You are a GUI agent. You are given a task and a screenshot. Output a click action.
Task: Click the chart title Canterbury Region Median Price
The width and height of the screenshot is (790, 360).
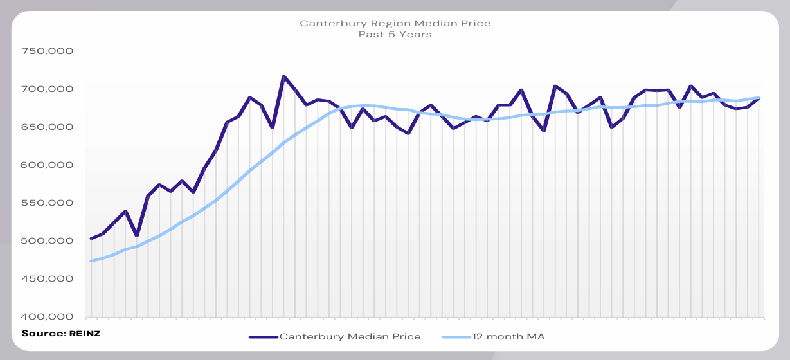(395, 24)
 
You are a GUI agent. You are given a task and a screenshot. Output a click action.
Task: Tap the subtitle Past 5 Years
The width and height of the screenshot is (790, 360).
(395, 35)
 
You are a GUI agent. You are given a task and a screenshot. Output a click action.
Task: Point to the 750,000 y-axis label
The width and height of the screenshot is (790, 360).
(47, 51)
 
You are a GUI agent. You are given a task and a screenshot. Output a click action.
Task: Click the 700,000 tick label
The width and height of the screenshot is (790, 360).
(47, 89)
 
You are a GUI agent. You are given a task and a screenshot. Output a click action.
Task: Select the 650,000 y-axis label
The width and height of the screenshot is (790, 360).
(47, 127)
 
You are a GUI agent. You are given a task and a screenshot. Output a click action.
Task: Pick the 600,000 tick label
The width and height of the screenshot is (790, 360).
(47, 165)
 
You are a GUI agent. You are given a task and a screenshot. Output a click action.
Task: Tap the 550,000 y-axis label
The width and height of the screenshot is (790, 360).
(47, 203)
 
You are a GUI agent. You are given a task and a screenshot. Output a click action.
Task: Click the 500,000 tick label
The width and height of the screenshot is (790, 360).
(47, 240)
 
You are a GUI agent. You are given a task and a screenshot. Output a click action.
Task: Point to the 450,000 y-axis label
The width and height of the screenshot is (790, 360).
(47, 278)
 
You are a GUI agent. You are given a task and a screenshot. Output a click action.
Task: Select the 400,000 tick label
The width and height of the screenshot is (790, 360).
(47, 316)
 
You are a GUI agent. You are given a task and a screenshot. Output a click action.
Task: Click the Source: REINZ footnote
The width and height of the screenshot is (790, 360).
(61, 333)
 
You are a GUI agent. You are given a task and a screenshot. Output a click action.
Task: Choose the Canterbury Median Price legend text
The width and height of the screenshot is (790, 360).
(350, 336)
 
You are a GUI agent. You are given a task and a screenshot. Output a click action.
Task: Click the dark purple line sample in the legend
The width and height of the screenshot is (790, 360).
(263, 336)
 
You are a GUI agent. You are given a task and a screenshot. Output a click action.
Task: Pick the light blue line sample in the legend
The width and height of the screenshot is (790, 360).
(456, 336)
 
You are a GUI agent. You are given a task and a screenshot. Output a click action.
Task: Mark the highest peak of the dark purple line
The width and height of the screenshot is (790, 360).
(283, 76)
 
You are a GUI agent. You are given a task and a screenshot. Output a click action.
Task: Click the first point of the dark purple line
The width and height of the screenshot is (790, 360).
(91, 239)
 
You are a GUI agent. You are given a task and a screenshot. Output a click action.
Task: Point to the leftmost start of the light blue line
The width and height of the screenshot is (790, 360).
(91, 261)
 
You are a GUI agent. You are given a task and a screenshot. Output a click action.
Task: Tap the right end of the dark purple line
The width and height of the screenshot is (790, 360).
(759, 98)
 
